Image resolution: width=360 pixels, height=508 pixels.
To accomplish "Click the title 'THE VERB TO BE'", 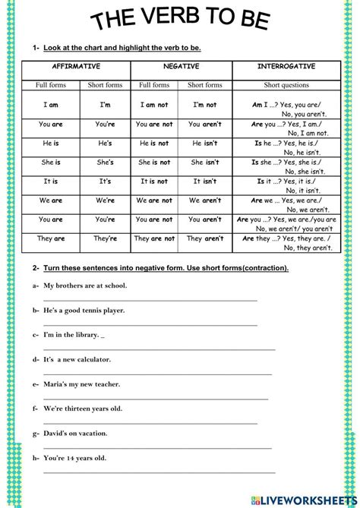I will (x=180, y=21).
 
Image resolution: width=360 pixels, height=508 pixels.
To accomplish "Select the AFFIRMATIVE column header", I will (x=77, y=67).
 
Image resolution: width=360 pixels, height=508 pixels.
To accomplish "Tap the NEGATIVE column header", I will (x=179, y=67).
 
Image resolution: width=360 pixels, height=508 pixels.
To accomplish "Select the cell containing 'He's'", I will (x=106, y=142).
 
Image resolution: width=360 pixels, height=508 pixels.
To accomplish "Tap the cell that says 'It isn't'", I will (x=206, y=181).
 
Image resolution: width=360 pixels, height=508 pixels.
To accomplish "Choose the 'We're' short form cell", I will (x=106, y=200).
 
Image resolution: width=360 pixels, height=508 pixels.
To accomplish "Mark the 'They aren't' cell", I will (x=206, y=238).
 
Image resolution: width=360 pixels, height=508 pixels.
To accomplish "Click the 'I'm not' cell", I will (x=206, y=105).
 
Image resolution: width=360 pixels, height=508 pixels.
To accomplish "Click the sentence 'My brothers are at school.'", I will (x=85, y=286).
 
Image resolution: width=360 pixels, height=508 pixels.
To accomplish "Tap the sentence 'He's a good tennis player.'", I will (x=84, y=311).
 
